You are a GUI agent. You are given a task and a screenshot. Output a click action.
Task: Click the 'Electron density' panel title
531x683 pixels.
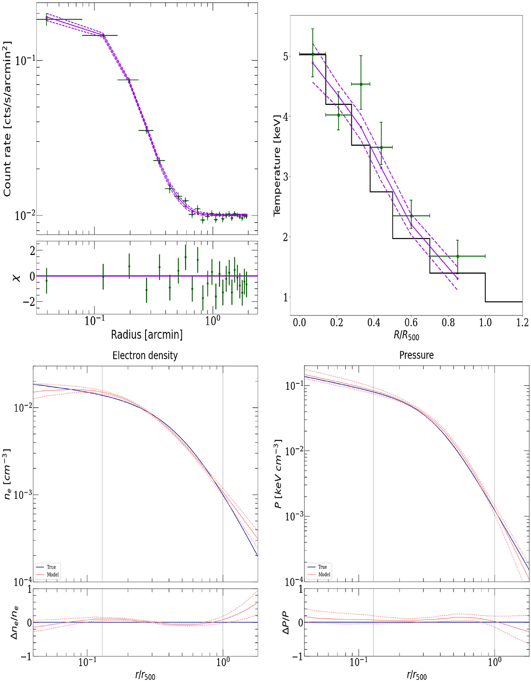(x=145, y=355)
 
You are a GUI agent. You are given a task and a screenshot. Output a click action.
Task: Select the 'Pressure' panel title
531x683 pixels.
(x=416, y=355)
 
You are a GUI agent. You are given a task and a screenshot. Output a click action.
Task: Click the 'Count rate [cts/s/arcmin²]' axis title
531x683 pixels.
(x=8, y=119)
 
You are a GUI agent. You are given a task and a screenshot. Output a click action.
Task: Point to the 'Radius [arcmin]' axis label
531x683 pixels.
(x=146, y=335)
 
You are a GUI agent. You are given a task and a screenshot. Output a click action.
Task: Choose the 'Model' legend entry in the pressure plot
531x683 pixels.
(x=324, y=574)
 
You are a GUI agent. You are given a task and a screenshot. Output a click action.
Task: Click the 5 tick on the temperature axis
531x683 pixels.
(x=285, y=57)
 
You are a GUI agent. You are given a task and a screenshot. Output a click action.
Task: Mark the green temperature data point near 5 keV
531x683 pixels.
(x=313, y=54)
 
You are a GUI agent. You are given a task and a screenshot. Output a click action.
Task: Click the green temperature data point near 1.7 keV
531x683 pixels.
(x=458, y=256)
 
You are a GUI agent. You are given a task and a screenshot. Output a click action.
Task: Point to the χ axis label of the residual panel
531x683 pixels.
(x=17, y=277)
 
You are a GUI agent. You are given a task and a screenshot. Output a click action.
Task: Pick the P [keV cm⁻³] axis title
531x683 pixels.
(x=278, y=474)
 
